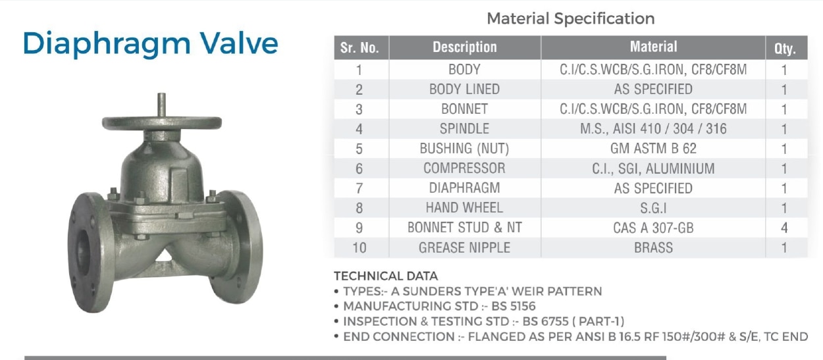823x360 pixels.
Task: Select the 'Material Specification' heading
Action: pos(571,18)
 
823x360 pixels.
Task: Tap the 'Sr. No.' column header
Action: pos(359,48)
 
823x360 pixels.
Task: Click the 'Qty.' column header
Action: pos(785,49)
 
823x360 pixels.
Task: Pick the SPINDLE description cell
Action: pos(464,128)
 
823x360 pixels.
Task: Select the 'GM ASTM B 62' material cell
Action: pos(653,148)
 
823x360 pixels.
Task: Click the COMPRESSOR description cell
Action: pos(464,168)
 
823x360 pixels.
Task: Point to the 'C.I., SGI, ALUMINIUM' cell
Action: pos(653,168)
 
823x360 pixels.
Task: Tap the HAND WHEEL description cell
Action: pos(464,208)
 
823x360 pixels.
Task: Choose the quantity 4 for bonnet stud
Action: pos(784,228)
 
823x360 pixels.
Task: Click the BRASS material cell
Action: pos(653,247)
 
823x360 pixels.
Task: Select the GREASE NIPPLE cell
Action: pos(464,247)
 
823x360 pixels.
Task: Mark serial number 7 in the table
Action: pos(359,188)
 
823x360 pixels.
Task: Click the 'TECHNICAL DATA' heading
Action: pos(386,276)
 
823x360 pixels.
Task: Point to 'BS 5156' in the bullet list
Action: pos(514,306)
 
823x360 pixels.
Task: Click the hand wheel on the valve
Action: pos(162,123)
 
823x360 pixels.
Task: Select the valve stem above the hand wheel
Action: pos(161,105)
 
